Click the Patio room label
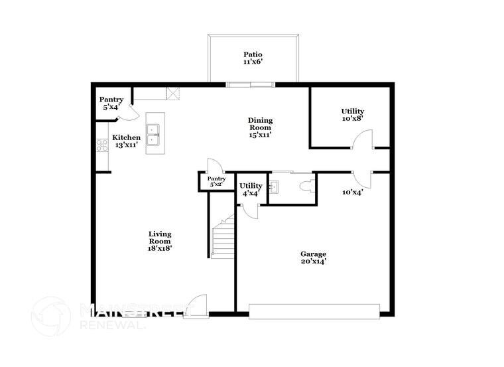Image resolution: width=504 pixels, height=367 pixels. point(252,58)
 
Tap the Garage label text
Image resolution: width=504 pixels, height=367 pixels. point(313,257)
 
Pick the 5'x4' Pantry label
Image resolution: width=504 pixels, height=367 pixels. point(112,103)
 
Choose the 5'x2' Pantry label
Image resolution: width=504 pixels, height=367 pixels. point(217,181)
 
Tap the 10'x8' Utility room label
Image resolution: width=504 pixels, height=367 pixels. point(352,115)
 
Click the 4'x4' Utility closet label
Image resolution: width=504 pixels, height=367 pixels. point(251,189)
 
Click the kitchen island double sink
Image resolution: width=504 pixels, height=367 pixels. point(154,134)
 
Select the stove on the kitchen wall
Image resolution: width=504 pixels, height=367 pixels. point(102,145)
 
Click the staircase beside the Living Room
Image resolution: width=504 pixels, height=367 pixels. point(222,236)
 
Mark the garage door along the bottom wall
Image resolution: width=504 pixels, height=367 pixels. point(314,310)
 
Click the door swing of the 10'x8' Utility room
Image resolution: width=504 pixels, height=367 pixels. point(362,141)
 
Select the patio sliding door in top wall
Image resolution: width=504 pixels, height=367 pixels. point(250,84)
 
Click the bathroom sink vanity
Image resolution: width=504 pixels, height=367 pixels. point(277,187)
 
